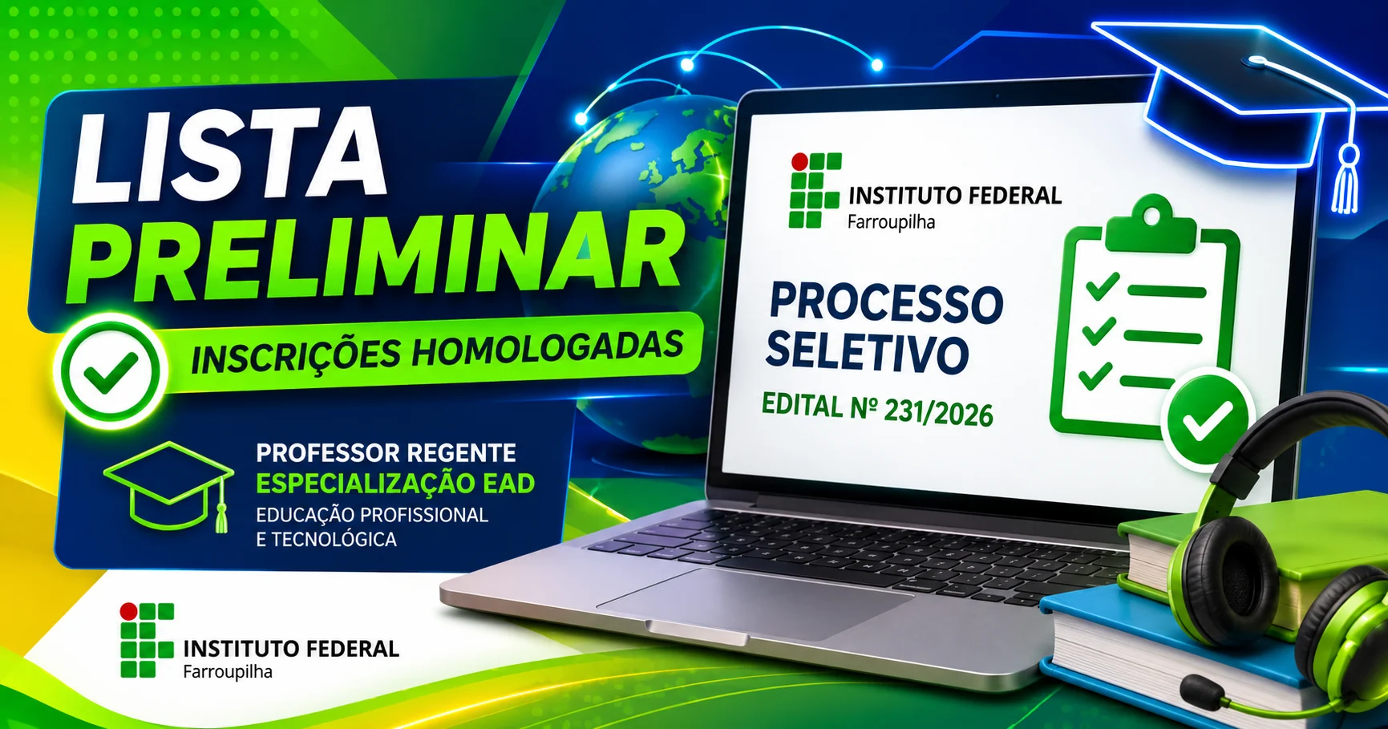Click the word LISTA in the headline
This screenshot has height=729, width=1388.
point(229,154)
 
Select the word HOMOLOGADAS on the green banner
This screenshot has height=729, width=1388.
point(548,349)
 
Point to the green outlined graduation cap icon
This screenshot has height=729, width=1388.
point(169,486)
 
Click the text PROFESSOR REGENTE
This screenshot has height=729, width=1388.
point(386,453)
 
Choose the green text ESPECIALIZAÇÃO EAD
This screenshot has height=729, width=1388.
point(395,484)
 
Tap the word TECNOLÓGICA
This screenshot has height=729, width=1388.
point(334,540)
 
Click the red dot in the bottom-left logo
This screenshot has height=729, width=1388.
point(128,612)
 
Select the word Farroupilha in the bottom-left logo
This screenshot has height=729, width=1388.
point(228,672)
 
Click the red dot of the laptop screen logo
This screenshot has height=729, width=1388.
point(799,162)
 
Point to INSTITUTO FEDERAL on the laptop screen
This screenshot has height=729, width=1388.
point(955,196)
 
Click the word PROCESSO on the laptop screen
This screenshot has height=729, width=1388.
point(886,303)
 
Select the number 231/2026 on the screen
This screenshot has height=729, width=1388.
point(938,412)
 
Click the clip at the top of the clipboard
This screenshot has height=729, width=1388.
point(1151,223)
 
